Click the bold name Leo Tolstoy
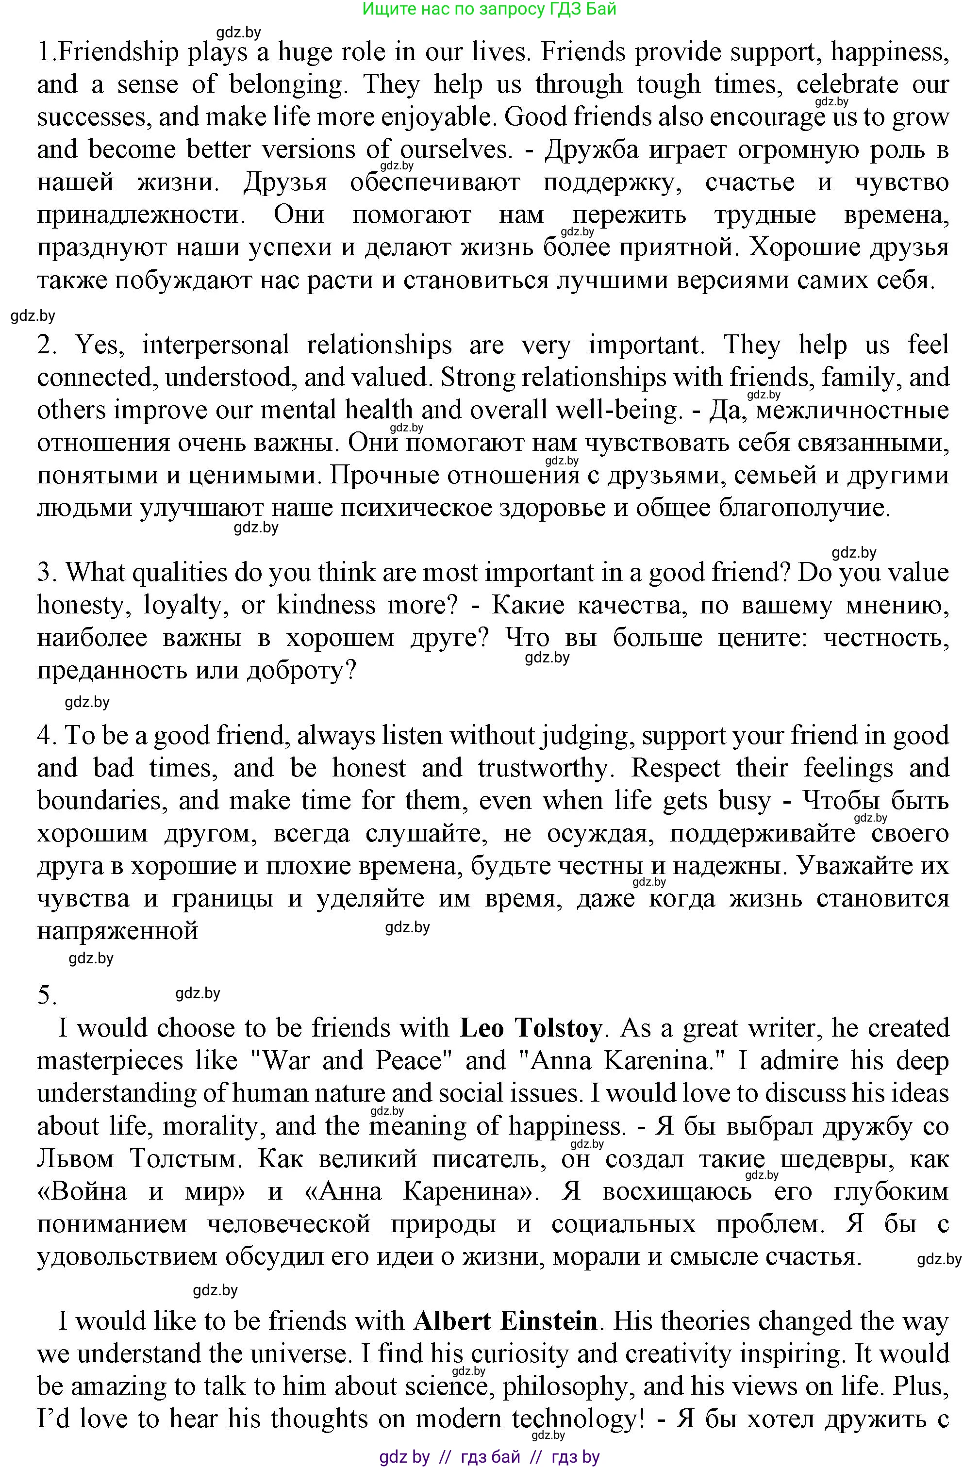[x=531, y=1029]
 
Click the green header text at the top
[x=489, y=9]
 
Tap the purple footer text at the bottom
[x=489, y=1457]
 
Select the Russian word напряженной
[x=117, y=931]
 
